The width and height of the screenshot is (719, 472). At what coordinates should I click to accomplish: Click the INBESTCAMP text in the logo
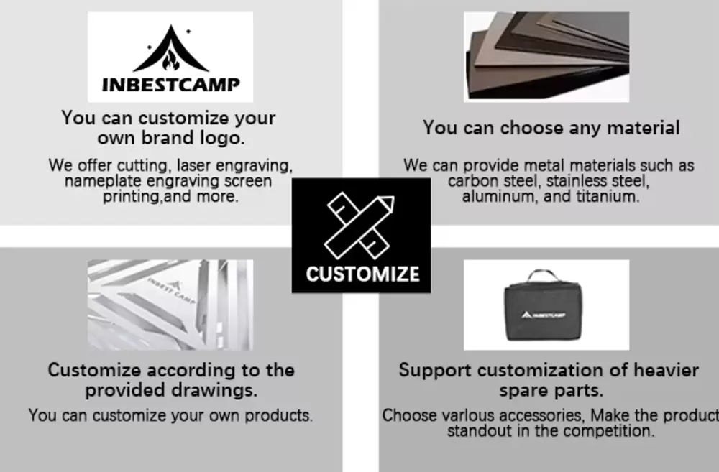[x=170, y=84]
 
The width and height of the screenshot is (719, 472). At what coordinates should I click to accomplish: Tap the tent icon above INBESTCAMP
[x=170, y=49]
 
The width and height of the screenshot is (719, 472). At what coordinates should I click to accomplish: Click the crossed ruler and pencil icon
[x=359, y=226]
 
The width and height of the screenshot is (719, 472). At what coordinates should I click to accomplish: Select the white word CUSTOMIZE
[x=362, y=274]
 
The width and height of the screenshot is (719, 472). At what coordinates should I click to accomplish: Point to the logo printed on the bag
[x=544, y=315]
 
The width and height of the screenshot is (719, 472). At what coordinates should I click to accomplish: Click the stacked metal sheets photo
[x=546, y=57]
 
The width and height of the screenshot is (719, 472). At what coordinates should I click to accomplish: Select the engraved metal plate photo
[x=170, y=305]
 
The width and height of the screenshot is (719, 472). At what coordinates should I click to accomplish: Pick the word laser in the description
[x=193, y=165]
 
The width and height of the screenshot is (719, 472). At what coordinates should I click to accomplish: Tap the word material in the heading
[x=644, y=127]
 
